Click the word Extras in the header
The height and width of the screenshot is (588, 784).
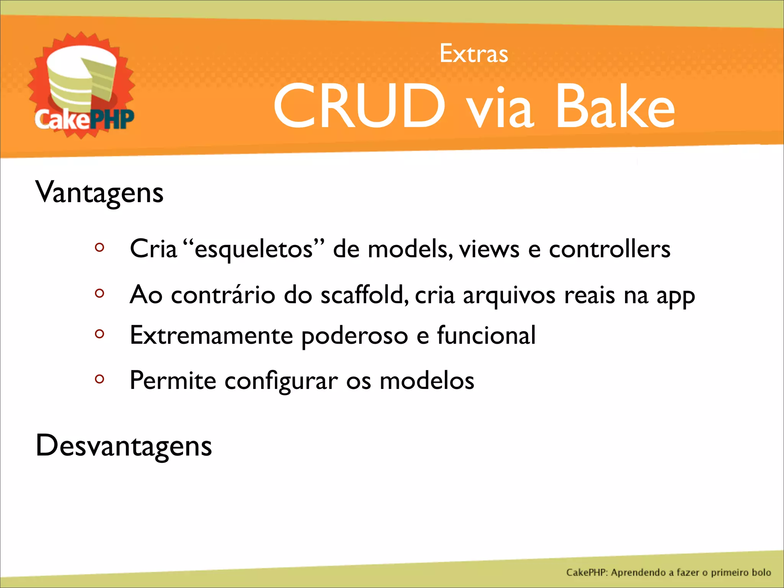pos(474,54)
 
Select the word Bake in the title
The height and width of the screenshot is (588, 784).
pos(615,106)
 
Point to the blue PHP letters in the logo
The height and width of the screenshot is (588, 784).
pos(112,119)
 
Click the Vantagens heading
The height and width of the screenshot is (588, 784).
pos(100,193)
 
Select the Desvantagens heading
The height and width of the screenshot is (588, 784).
pos(124,446)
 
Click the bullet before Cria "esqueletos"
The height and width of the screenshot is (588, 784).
pos(100,247)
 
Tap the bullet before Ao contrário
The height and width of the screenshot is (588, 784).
pos(100,294)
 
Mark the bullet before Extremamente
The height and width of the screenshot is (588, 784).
pos(100,334)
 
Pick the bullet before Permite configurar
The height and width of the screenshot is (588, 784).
pos(100,379)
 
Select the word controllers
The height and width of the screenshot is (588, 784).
pos(609,249)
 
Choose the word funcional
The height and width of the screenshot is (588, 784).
pos(486,335)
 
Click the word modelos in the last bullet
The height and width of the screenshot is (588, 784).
pos(427,381)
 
